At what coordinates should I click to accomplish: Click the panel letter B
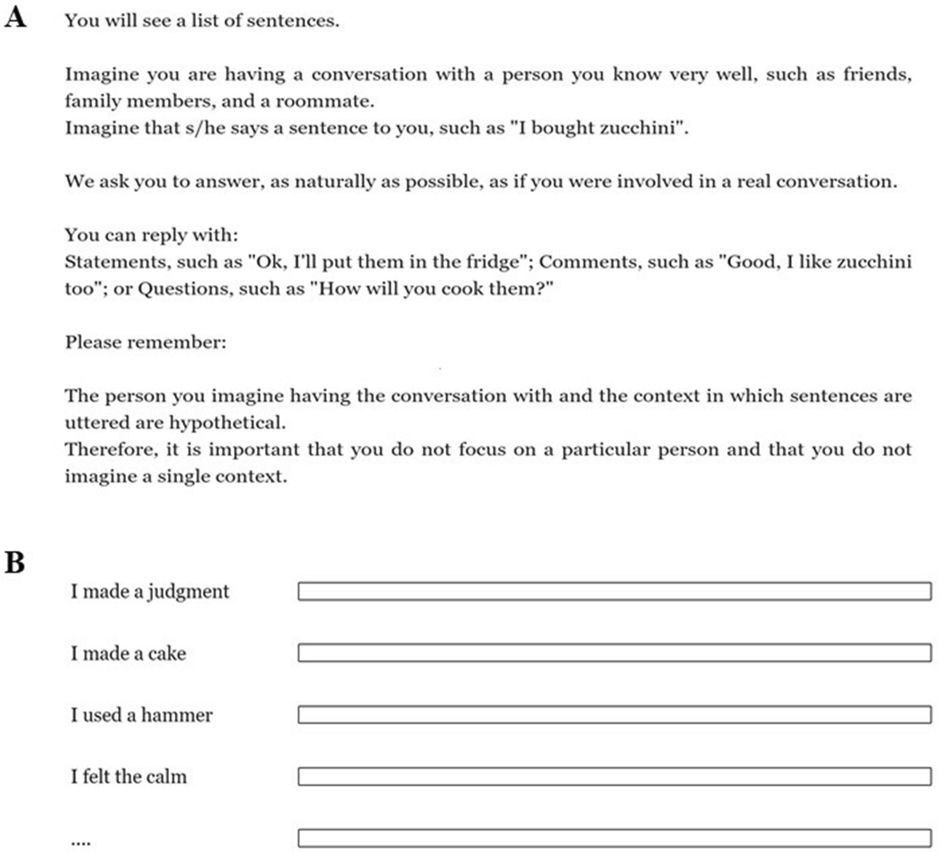pos(15,562)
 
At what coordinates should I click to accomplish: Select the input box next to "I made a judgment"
pos(614,591)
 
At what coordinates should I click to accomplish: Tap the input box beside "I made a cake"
pos(614,653)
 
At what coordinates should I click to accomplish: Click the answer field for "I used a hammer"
pos(614,715)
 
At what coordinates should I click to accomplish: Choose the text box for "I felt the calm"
pos(614,776)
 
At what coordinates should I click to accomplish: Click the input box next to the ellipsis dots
pos(614,838)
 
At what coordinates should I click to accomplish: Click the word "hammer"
pos(177,715)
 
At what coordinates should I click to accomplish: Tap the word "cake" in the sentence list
pos(167,654)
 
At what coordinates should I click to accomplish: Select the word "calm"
pos(167,777)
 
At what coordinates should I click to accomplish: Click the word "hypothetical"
pos(227,423)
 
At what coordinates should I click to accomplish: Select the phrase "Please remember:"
pos(145,342)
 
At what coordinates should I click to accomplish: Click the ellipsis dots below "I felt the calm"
pos(81,841)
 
